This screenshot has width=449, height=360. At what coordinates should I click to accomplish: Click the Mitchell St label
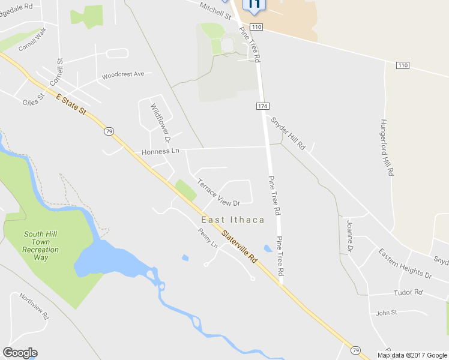point(215,10)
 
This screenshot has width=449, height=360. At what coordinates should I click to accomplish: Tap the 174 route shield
point(262,106)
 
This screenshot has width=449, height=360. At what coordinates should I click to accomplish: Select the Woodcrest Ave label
point(123,75)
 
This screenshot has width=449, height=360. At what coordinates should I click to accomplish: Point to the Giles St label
point(34,98)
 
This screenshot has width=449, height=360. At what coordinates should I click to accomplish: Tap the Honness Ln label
point(160,152)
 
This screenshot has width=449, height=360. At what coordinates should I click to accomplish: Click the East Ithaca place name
point(233,220)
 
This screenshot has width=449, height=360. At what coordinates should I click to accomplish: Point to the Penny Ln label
point(208,238)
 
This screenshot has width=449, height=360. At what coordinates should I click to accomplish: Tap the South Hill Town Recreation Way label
point(41,245)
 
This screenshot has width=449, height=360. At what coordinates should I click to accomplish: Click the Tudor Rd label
point(408,292)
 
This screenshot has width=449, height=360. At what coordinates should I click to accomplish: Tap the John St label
point(387,313)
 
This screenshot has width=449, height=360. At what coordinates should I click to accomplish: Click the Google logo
point(20,353)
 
